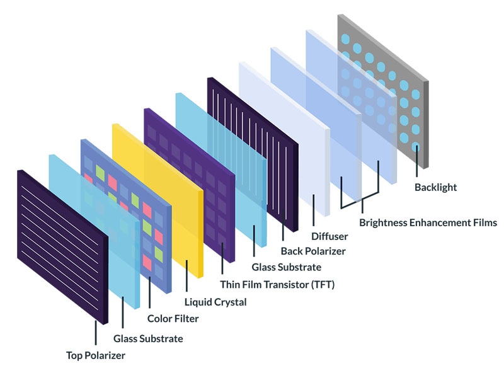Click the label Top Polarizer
(x=96, y=355)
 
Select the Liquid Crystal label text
(x=215, y=302)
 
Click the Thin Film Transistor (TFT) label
(x=277, y=285)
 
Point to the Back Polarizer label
(x=313, y=251)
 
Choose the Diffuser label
(x=329, y=236)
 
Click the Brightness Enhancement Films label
(x=428, y=222)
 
